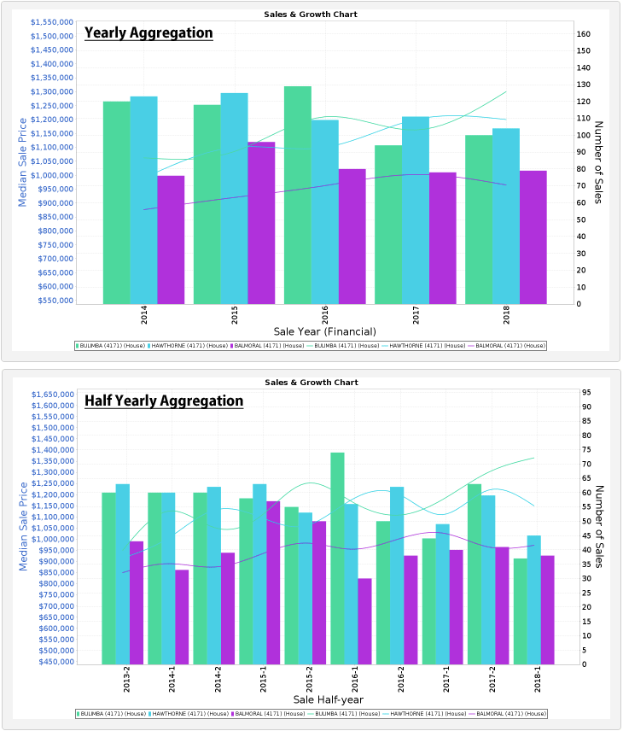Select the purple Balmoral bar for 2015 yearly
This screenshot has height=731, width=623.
pos(261,222)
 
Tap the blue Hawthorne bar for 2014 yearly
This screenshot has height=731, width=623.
pos(143,200)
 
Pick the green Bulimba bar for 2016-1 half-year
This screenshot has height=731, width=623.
pos(337,558)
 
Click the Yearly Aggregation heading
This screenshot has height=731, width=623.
pos(148,33)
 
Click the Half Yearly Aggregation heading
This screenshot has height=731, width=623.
pos(164,401)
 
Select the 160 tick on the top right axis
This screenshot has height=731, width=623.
pos(585,34)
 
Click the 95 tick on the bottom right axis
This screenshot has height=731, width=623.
pos(586,392)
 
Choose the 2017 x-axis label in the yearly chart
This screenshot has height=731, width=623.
pos(416,316)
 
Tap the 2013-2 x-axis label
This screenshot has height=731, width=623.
pos(125,685)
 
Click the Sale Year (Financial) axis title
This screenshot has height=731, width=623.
pos(324,330)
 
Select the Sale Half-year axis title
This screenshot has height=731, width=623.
pos(325,699)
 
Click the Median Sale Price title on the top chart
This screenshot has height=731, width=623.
pos(23,162)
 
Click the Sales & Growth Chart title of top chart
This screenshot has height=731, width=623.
pos(311,15)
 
